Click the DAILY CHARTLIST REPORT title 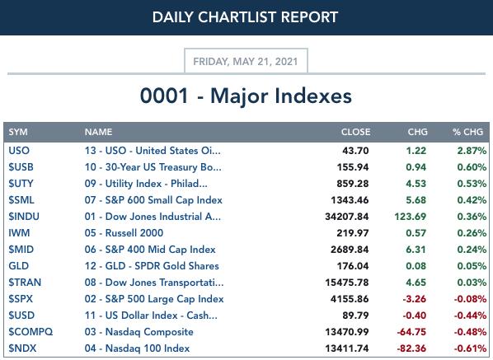click(x=245, y=17)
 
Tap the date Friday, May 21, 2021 click(x=245, y=61)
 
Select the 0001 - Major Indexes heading click(x=246, y=96)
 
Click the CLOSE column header click(x=355, y=132)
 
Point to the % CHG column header click(x=467, y=132)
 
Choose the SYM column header click(x=18, y=132)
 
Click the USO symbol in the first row click(x=19, y=151)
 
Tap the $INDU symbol click(x=24, y=217)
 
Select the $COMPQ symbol click(x=31, y=332)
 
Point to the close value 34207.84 click(x=347, y=217)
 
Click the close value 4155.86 click(x=350, y=299)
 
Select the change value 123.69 click(x=411, y=217)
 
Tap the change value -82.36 click(x=411, y=348)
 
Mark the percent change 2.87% click(x=472, y=151)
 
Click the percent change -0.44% click(x=470, y=316)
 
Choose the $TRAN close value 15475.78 click(x=347, y=283)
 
